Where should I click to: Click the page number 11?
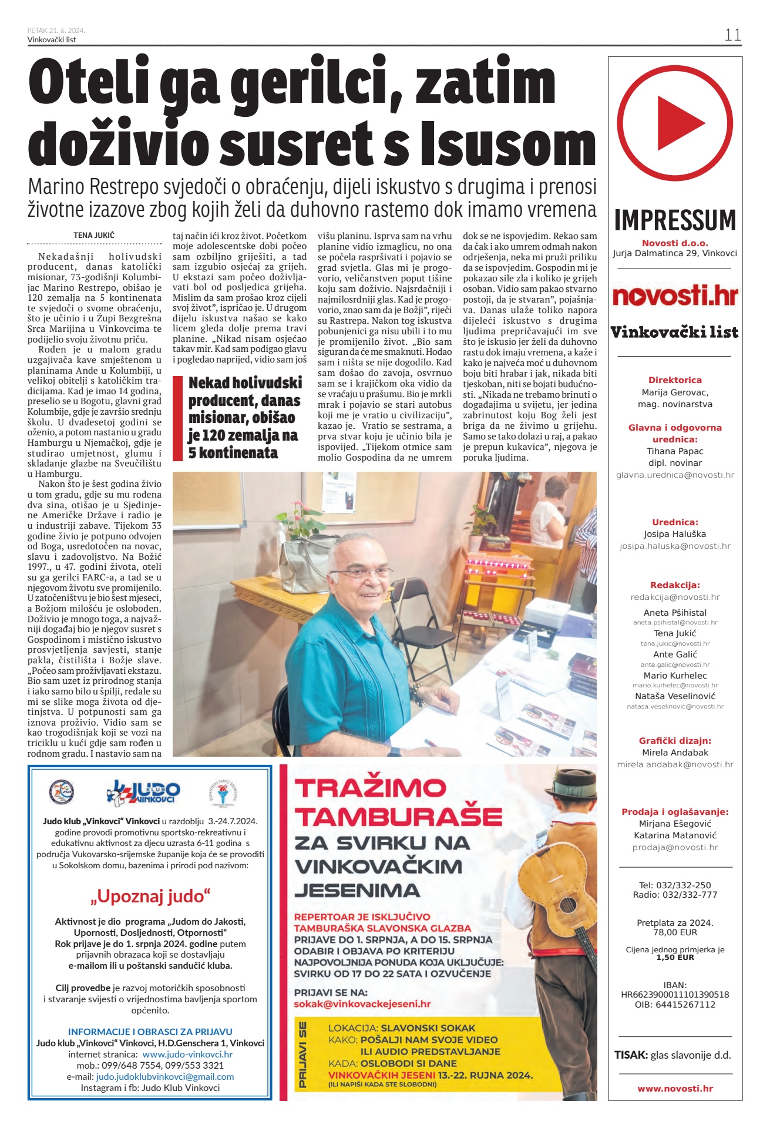(732, 35)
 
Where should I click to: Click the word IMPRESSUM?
(675, 220)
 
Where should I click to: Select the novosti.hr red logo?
(675, 296)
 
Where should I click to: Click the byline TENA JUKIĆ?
(94, 235)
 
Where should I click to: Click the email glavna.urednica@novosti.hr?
(675, 475)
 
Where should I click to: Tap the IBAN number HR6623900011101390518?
(675, 995)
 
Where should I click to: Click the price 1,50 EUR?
(675, 957)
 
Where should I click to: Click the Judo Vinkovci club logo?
(144, 793)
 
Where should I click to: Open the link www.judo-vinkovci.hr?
(187, 1054)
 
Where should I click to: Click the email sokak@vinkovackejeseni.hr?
(362, 1003)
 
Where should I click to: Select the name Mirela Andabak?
(675, 753)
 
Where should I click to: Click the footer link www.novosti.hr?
(675, 1089)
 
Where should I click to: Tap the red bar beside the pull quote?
(177, 418)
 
